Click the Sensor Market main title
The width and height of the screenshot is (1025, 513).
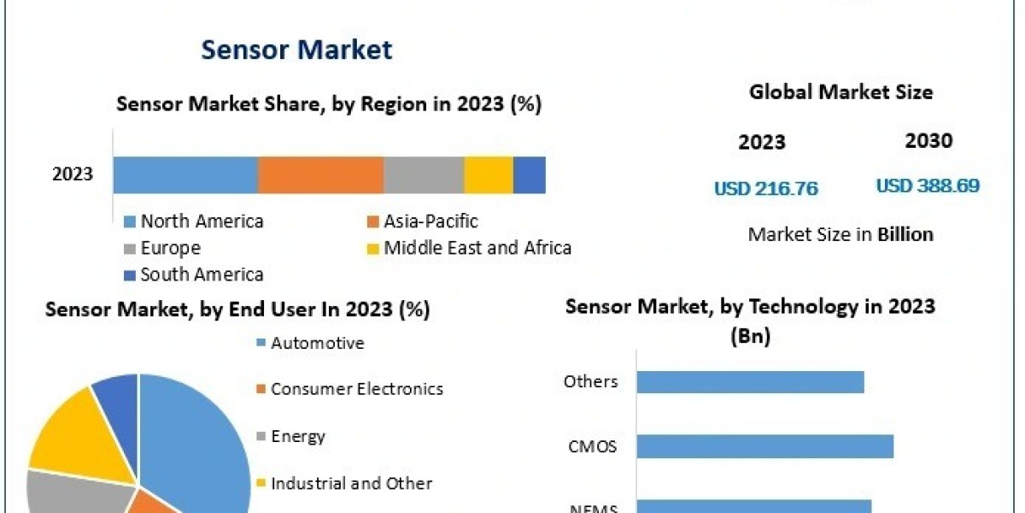click(296, 50)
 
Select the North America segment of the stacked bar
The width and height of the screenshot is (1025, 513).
click(185, 174)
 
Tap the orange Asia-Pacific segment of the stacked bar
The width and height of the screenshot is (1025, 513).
click(320, 174)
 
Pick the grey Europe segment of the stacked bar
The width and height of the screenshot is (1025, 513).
click(424, 174)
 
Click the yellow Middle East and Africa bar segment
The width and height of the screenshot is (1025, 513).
click(489, 174)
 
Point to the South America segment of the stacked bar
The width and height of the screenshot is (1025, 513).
click(529, 174)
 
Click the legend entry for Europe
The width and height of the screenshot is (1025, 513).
click(170, 249)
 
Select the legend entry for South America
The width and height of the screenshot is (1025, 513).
click(202, 275)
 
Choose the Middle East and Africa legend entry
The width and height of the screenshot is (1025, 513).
click(477, 249)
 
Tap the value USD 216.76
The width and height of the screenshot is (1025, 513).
click(765, 189)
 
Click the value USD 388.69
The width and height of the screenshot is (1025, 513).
click(928, 186)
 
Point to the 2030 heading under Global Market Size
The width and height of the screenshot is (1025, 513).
click(928, 141)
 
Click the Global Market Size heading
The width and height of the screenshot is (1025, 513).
click(840, 92)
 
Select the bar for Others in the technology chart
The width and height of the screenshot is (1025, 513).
click(750, 382)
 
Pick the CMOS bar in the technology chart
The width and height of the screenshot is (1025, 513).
click(764, 446)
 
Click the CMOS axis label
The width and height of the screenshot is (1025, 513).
click(592, 446)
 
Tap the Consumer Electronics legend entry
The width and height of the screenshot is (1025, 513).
click(356, 389)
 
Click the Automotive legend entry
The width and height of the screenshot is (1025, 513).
click(317, 344)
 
